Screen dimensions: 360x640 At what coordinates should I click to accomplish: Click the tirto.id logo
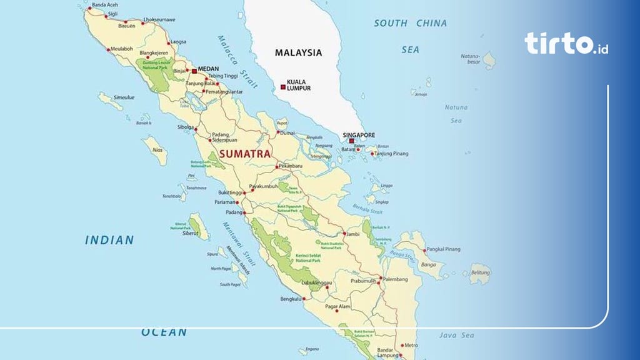(x=566, y=43)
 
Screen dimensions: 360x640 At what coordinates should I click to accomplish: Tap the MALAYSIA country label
(x=298, y=52)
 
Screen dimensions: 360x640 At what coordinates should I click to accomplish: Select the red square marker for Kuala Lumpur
(x=282, y=86)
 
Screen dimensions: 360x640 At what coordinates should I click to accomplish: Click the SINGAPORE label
(x=359, y=134)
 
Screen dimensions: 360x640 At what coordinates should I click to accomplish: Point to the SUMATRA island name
(x=244, y=153)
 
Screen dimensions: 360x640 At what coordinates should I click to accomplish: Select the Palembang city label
(x=395, y=279)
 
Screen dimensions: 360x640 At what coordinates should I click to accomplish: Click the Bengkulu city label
(x=291, y=299)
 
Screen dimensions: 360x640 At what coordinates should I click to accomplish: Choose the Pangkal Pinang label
(x=444, y=249)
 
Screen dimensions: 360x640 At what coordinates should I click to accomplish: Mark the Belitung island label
(x=481, y=273)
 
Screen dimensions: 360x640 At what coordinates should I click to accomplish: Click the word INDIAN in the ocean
(x=109, y=239)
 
